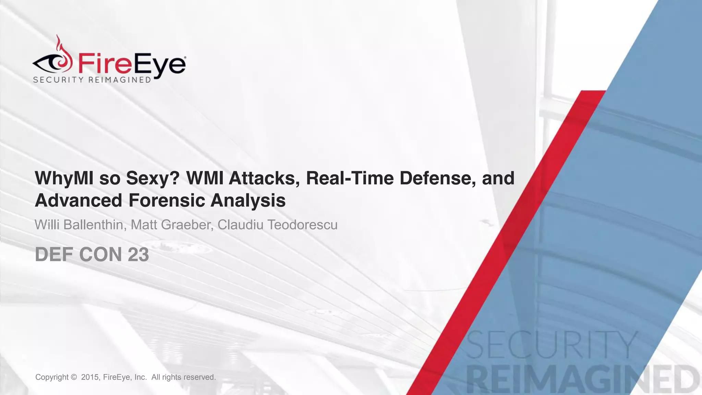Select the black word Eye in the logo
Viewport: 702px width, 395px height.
point(159,65)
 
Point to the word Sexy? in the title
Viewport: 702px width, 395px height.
point(153,178)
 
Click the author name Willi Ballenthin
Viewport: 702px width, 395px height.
point(79,225)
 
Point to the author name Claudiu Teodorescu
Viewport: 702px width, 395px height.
point(277,225)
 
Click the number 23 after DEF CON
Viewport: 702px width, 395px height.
point(138,255)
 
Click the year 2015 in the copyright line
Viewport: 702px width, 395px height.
point(90,377)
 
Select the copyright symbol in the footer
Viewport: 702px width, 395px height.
point(73,377)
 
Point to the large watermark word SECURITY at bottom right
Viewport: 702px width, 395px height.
point(552,345)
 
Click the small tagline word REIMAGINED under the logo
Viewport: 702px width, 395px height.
point(120,80)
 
